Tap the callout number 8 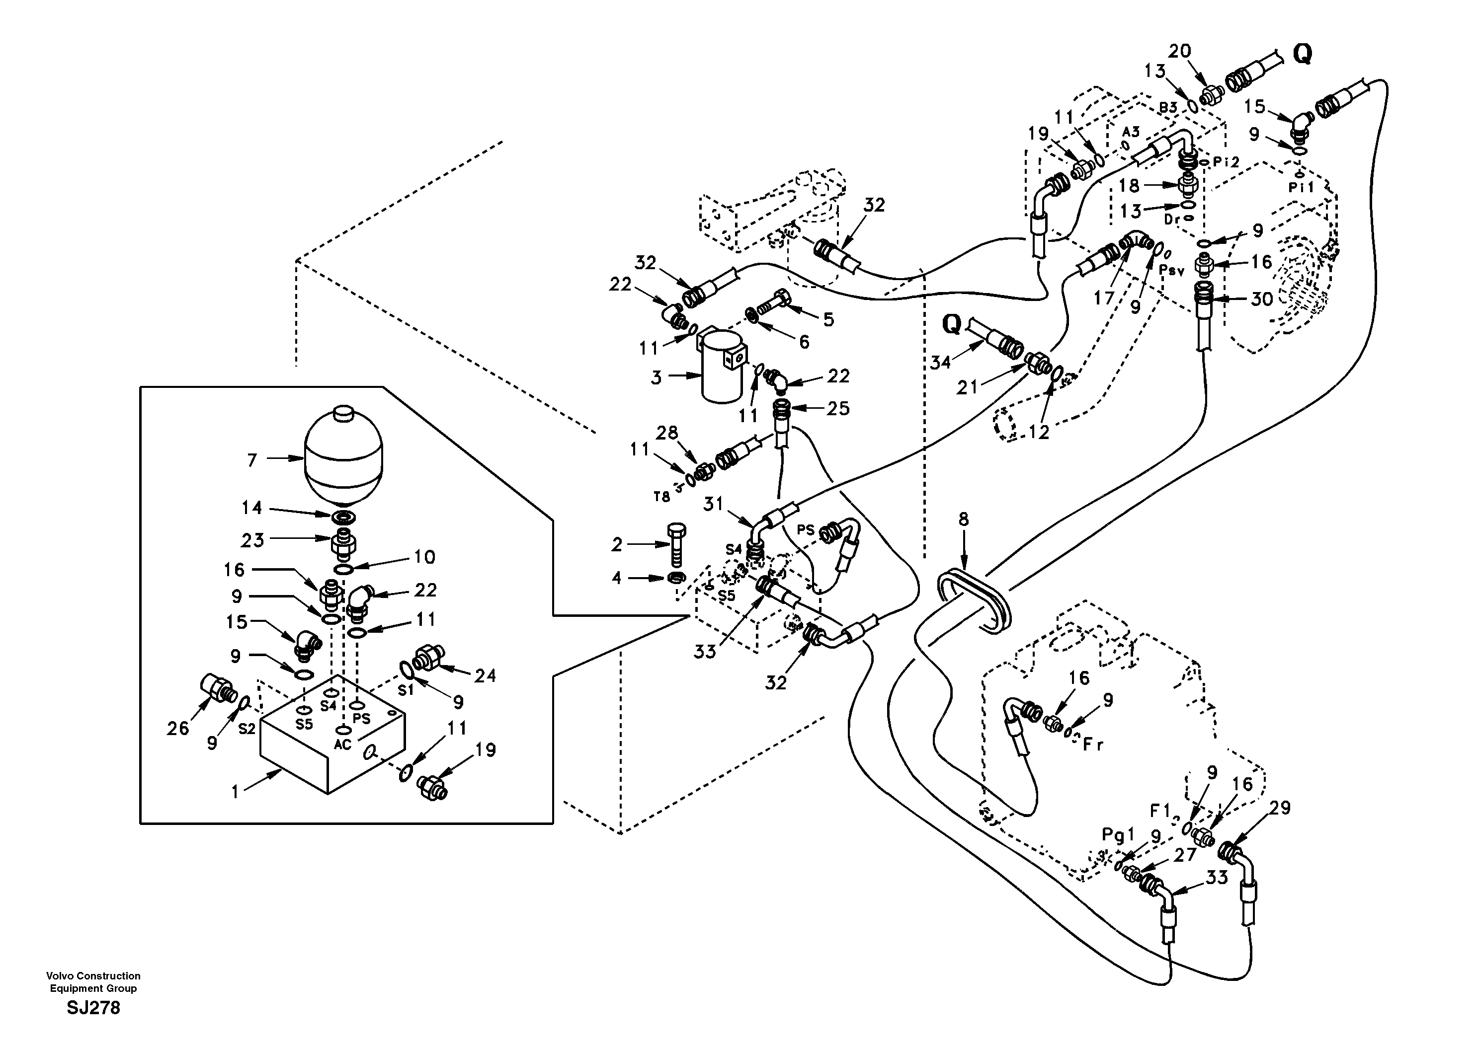point(963,519)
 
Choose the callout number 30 point(1262,298)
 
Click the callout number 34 point(940,363)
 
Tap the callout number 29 point(1279,808)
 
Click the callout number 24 point(485,675)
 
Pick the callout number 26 point(178,728)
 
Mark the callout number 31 point(713,504)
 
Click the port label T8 point(661,496)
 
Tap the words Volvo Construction point(93,976)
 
